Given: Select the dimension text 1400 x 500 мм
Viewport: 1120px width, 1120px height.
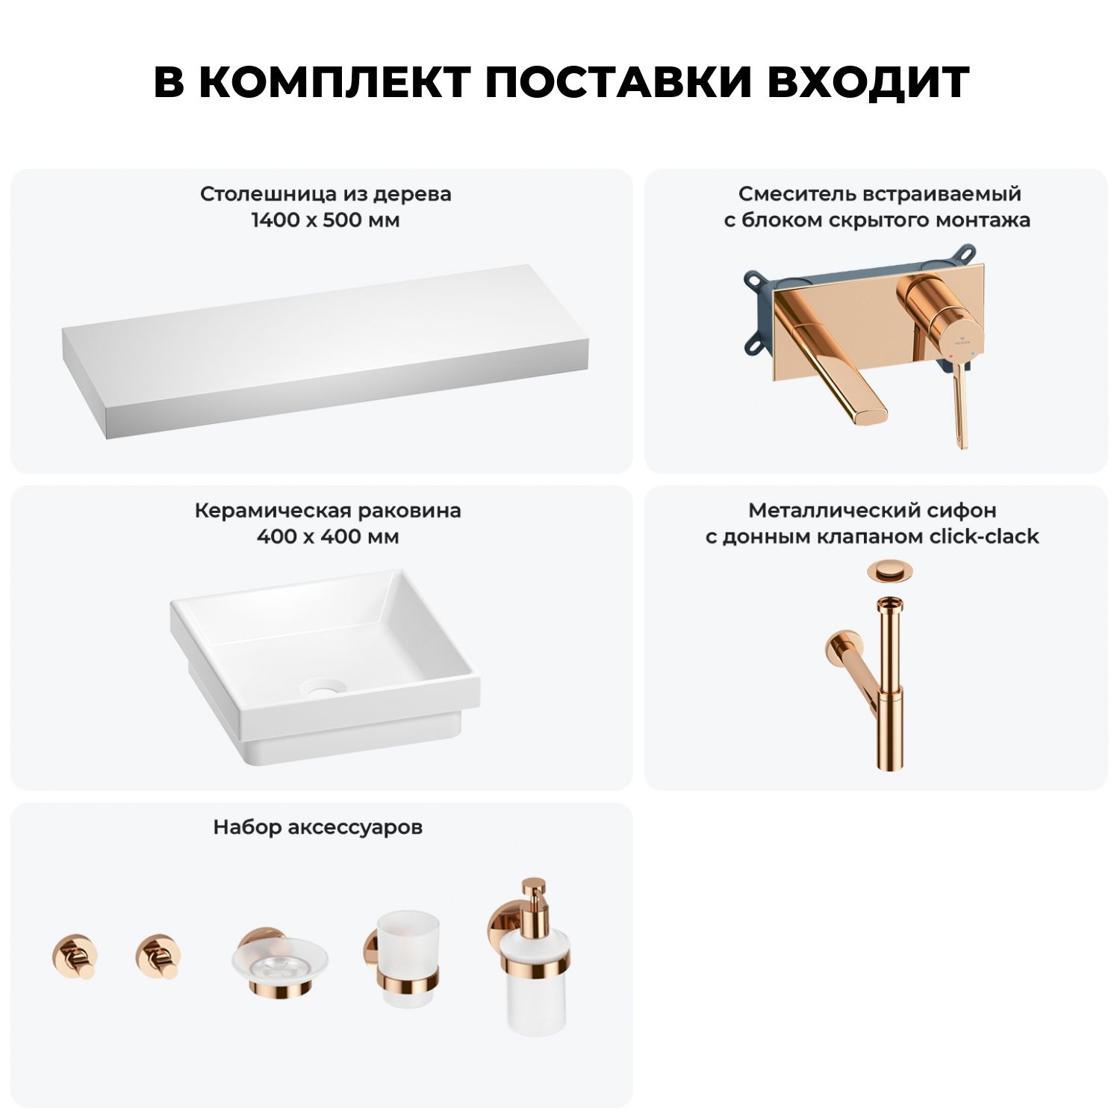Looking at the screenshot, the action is coord(326,220).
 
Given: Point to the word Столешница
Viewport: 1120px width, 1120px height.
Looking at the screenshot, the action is coord(269,194).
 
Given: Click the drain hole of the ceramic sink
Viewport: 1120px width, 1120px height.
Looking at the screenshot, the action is coord(323,687).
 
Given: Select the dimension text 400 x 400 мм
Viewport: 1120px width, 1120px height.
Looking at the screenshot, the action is coord(328,537).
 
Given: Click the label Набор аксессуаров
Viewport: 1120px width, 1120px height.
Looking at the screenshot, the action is coord(317,827).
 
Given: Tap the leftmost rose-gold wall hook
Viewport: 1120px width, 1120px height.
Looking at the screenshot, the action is coord(75,956).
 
